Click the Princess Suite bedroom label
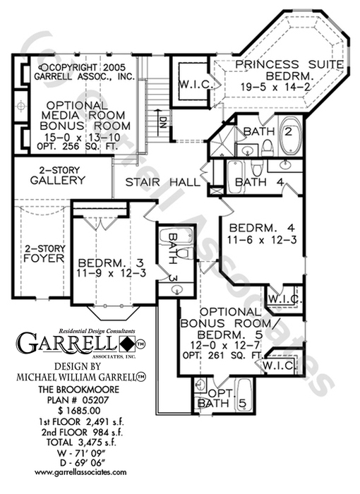coord(289,76)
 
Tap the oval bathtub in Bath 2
coord(290,135)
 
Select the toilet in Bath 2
coord(269,148)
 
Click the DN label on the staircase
coord(162,123)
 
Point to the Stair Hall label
coord(162,182)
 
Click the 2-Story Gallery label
coord(58,176)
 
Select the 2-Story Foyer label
coord(44,254)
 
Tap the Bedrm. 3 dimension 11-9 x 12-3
coord(112,273)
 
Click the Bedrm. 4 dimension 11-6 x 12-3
coord(263,240)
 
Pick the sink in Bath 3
coord(177,289)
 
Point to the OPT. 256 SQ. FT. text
coord(77,146)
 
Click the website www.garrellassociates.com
coord(80,472)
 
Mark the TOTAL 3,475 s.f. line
coord(81,442)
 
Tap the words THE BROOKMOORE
coord(79,390)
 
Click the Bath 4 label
coord(260,182)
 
